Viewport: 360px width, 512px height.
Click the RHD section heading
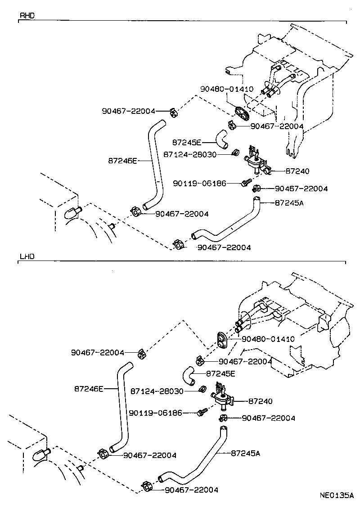[27, 16]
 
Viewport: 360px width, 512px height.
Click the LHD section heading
[27, 257]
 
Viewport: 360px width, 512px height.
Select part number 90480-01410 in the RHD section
[227, 89]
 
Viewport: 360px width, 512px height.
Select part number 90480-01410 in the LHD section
[268, 339]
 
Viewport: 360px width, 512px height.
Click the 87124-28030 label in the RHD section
[190, 154]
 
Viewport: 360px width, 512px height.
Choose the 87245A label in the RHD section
[289, 203]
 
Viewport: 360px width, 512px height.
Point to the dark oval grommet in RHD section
[242, 113]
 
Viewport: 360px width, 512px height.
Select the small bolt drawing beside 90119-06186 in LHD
[202, 412]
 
